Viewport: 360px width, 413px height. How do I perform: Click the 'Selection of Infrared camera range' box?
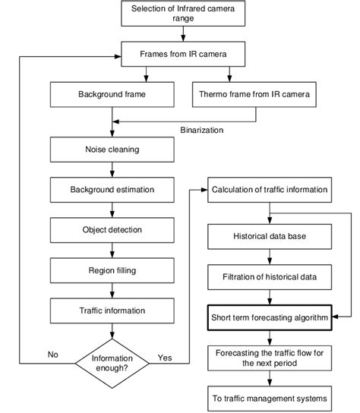(179, 14)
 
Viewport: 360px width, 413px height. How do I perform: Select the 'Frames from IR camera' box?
(179, 55)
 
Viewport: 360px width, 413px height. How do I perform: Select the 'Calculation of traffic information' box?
(270, 189)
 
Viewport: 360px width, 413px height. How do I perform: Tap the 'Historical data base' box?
(270, 237)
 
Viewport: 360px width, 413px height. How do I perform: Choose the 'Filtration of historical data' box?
(270, 277)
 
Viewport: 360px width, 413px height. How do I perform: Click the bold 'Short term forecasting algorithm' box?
(270, 319)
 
